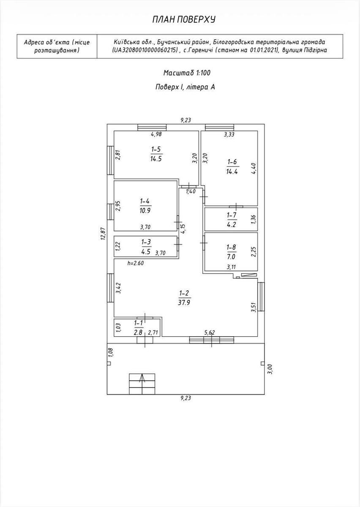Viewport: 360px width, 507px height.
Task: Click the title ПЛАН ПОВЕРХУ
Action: [x=184, y=20]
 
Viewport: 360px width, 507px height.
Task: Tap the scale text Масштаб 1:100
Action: [x=187, y=73]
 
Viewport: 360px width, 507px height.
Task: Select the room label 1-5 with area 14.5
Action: [x=156, y=154]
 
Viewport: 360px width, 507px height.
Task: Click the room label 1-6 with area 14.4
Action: [x=232, y=166]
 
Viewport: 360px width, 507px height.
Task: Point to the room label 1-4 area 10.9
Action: [x=145, y=206]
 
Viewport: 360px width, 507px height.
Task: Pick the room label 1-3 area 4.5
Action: [x=146, y=247]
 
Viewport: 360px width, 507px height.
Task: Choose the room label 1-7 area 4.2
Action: [x=232, y=220]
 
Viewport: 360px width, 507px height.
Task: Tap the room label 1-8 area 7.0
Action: [x=232, y=252]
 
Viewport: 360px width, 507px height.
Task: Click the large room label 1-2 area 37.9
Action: [x=184, y=298]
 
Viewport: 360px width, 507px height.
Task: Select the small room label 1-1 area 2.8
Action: [x=139, y=327]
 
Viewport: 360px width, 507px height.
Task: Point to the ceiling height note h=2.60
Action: [x=136, y=263]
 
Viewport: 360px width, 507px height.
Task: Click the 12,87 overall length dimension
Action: [x=104, y=233]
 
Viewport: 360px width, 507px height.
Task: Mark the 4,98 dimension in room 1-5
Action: [x=156, y=134]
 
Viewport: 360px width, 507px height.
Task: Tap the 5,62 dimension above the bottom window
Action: [x=210, y=333]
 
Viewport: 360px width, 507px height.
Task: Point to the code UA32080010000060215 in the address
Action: [x=145, y=50]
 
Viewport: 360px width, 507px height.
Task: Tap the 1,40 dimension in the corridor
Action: [x=191, y=191]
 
